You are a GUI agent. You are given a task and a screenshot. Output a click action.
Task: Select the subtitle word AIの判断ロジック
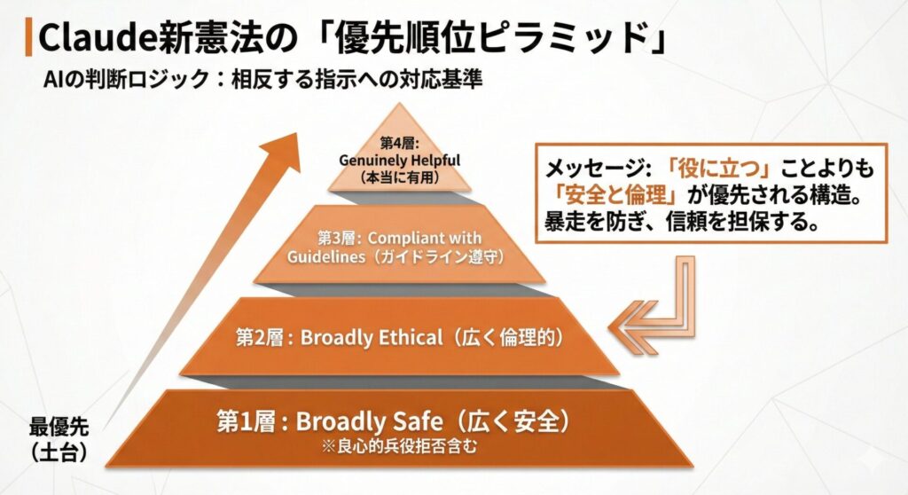click(126, 80)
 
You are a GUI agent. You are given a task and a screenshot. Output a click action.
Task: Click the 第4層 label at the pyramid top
click(399, 143)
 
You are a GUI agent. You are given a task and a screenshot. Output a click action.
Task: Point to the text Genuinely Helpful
click(400, 160)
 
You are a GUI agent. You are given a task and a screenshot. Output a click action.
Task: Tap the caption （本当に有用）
click(399, 177)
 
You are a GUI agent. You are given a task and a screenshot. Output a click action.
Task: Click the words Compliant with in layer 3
click(425, 238)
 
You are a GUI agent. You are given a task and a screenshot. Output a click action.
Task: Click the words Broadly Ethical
click(372, 337)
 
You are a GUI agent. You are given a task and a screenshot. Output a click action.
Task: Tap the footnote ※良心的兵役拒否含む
click(400, 446)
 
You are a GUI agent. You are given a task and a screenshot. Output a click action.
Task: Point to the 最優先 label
click(59, 428)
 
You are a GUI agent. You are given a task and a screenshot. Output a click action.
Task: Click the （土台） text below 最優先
click(59, 452)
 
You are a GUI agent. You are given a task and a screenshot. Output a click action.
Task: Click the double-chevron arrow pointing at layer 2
click(634, 328)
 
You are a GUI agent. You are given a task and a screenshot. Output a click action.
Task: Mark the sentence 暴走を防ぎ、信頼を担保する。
click(682, 222)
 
